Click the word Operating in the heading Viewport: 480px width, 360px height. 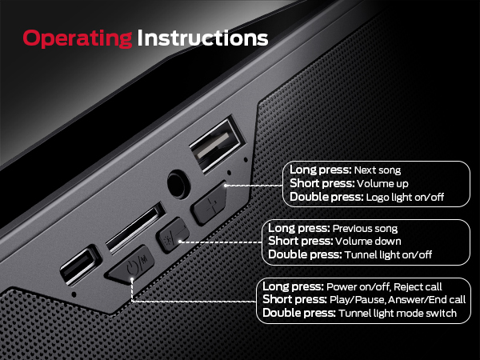point(78,38)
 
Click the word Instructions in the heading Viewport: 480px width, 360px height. point(202,38)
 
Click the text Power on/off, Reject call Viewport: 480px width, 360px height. point(384,286)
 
